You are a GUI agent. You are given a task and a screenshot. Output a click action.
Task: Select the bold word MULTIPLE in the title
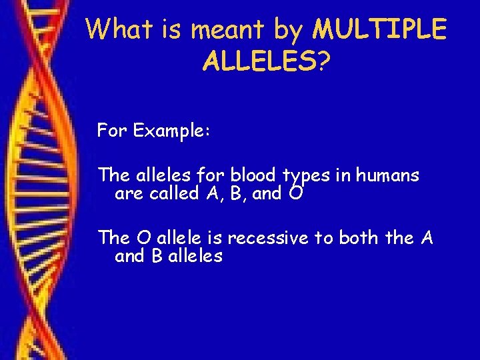(380, 29)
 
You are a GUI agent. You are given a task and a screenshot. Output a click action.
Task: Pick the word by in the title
(289, 30)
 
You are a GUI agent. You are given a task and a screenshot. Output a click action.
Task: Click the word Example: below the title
(172, 130)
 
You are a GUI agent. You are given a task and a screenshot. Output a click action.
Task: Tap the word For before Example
(112, 130)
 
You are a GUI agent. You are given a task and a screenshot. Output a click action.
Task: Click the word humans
(387, 175)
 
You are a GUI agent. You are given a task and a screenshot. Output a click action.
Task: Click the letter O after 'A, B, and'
(296, 194)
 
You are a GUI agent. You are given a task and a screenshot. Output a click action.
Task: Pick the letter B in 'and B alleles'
(157, 256)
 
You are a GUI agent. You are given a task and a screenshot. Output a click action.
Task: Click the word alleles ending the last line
(195, 256)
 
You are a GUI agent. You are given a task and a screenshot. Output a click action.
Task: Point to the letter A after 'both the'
(427, 237)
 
